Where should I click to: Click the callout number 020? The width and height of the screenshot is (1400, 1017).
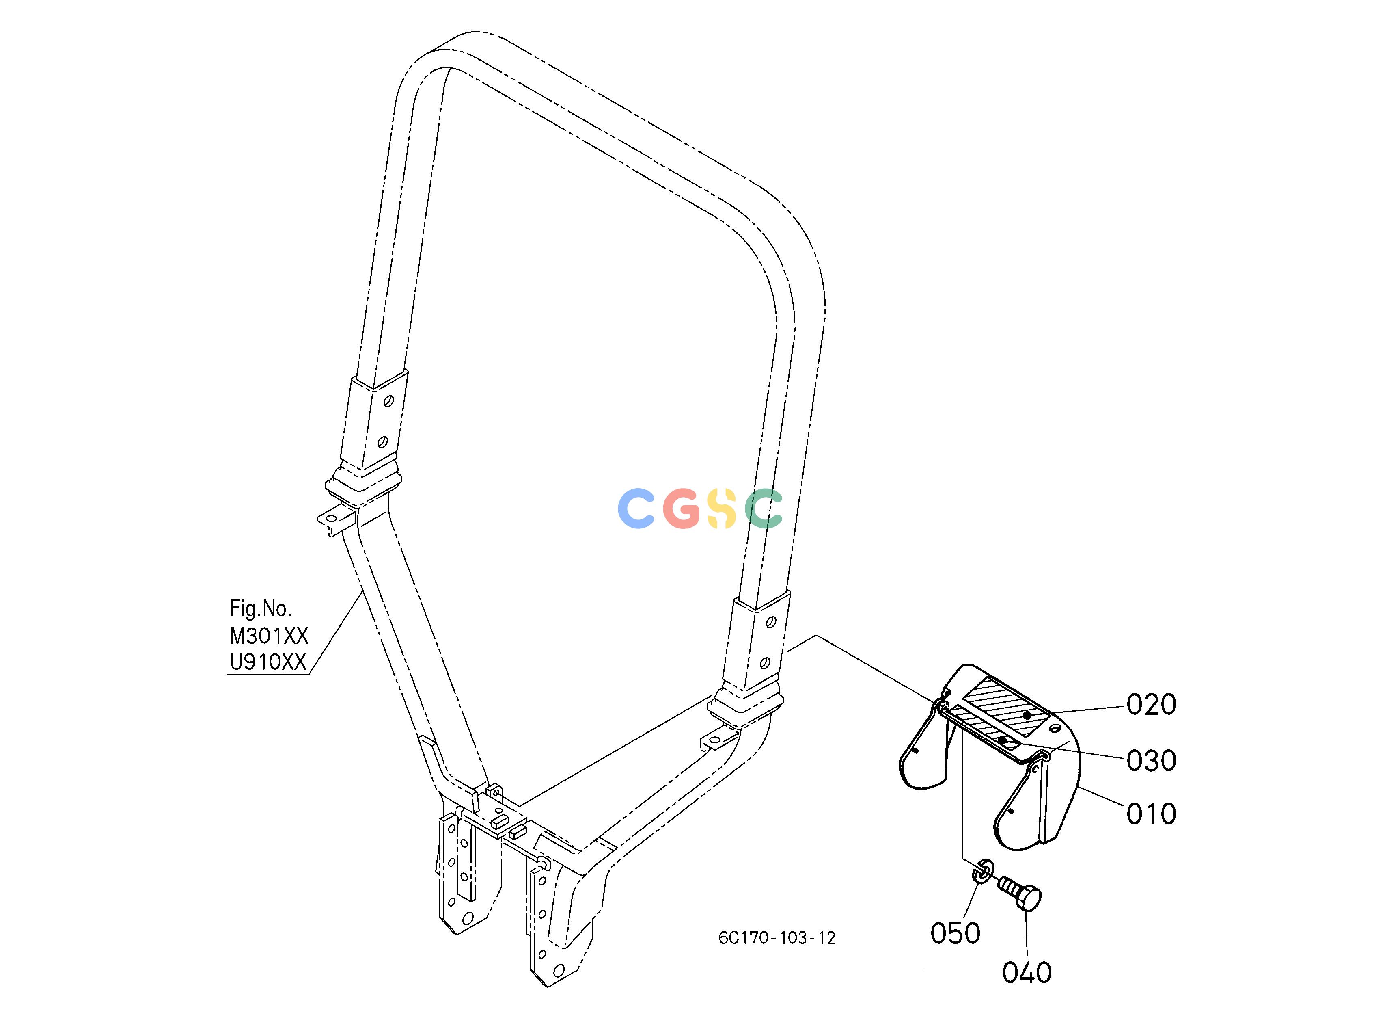point(1151,705)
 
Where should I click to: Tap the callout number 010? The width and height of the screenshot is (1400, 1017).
point(1151,814)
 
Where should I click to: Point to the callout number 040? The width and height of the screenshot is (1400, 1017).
point(1027,973)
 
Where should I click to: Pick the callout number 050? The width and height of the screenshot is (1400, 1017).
point(956,934)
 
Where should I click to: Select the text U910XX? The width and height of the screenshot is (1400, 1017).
point(269,662)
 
